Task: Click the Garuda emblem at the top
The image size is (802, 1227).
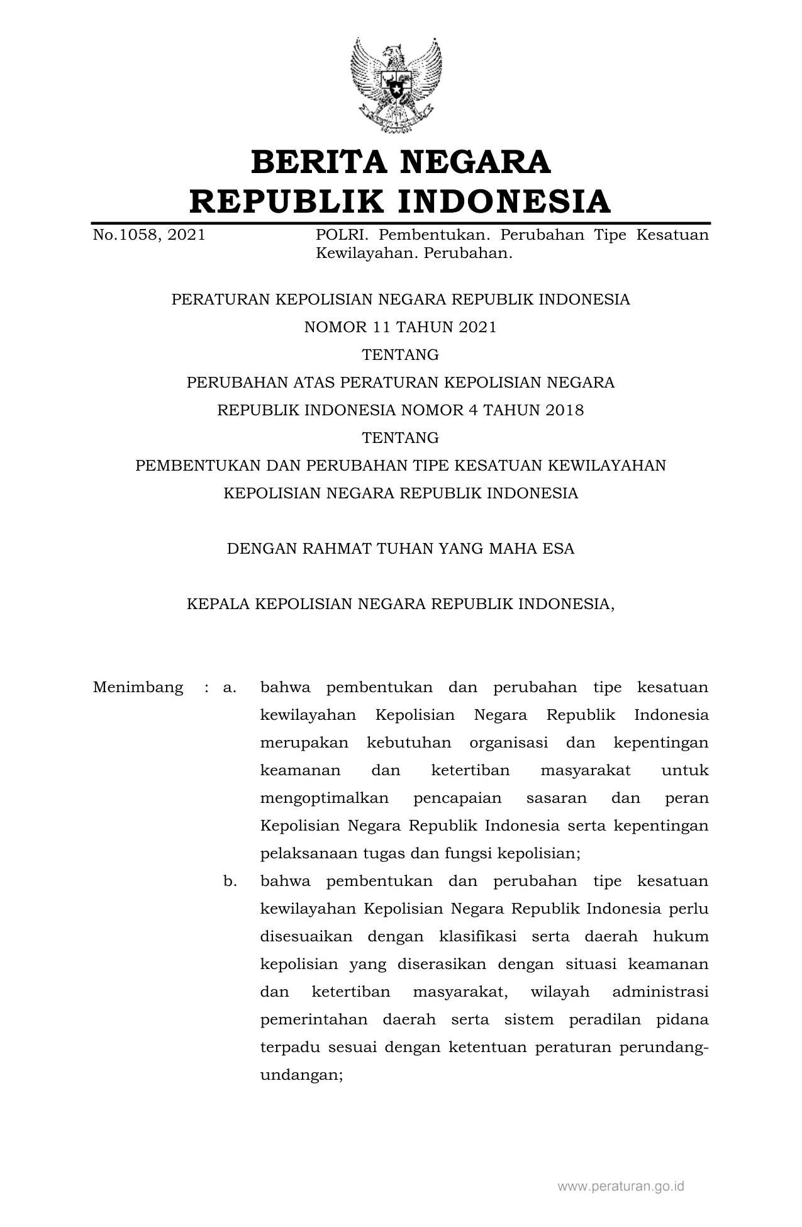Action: [x=396, y=84]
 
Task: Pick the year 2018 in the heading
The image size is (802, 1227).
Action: [x=565, y=410]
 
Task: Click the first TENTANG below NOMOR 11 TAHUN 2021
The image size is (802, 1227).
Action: [x=400, y=355]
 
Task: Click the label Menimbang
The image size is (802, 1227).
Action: [x=138, y=687]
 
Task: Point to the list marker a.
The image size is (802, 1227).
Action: [x=230, y=687]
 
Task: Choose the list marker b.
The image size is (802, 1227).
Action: [x=230, y=881]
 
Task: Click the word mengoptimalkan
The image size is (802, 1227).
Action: [x=324, y=798]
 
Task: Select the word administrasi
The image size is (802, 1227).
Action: [x=660, y=992]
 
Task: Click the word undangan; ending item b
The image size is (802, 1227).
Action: [x=301, y=1075]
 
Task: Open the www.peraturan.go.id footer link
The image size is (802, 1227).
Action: [x=620, y=1186]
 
